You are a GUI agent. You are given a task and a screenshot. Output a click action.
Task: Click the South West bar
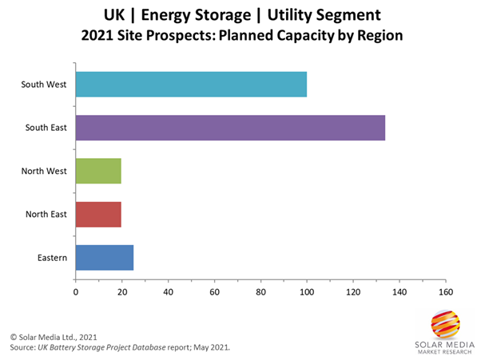tap(190, 84)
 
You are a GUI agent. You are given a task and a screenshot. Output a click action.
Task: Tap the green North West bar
tap(97, 171)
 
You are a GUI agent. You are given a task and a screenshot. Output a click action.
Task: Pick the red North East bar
tap(97, 214)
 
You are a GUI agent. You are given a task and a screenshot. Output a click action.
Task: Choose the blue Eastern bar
tap(104, 257)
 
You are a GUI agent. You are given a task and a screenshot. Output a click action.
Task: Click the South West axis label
tap(45, 84)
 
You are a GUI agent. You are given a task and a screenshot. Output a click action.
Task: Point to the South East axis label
tap(46, 128)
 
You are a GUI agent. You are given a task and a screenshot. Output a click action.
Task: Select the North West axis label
tap(45, 171)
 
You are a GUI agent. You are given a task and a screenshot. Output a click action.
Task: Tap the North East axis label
tap(46, 214)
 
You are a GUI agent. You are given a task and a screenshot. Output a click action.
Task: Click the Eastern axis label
tap(52, 257)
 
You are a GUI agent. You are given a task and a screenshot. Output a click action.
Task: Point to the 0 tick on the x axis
tap(75, 291)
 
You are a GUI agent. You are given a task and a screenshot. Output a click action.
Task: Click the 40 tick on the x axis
tap(168, 291)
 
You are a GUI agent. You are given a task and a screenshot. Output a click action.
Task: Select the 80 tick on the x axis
tap(260, 291)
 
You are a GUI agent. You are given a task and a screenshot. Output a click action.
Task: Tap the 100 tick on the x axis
tap(307, 291)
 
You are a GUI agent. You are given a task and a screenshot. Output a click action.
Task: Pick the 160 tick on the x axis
tap(446, 291)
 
